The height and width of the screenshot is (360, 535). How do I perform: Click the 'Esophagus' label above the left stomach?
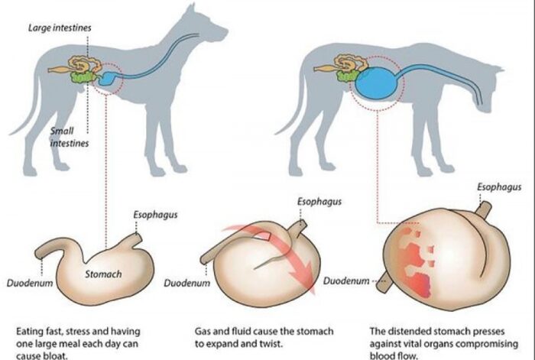pos(155,216)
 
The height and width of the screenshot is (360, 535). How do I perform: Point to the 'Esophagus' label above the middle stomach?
pos(317,203)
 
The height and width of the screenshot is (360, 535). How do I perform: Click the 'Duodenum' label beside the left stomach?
pos(28,282)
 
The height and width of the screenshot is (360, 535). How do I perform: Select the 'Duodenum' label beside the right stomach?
pos(346,281)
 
